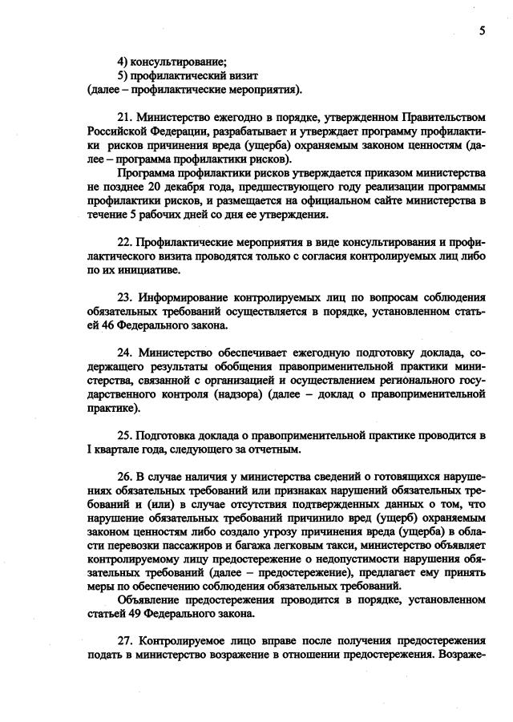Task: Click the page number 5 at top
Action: coord(483,29)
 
